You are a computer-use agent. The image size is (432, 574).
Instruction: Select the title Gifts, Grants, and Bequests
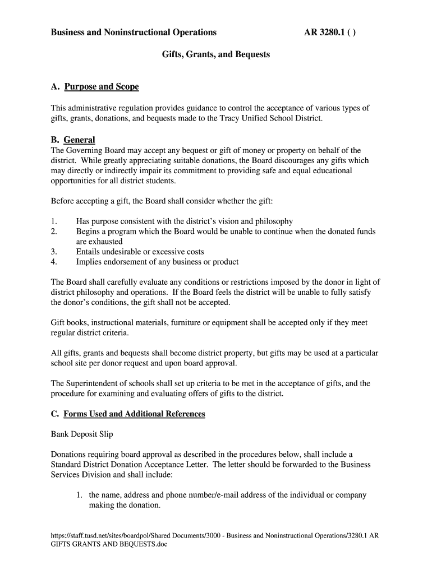(x=216, y=54)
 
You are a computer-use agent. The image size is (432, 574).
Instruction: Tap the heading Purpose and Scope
(x=102, y=87)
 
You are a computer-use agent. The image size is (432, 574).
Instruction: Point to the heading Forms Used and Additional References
(x=134, y=414)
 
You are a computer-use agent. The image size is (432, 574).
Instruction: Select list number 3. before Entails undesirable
(x=54, y=252)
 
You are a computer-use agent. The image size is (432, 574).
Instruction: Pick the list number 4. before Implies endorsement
(x=54, y=262)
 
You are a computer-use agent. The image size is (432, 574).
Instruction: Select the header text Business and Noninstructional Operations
(x=134, y=33)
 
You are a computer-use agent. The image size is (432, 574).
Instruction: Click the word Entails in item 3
(x=89, y=252)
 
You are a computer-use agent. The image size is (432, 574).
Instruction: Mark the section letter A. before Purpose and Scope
(x=55, y=87)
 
